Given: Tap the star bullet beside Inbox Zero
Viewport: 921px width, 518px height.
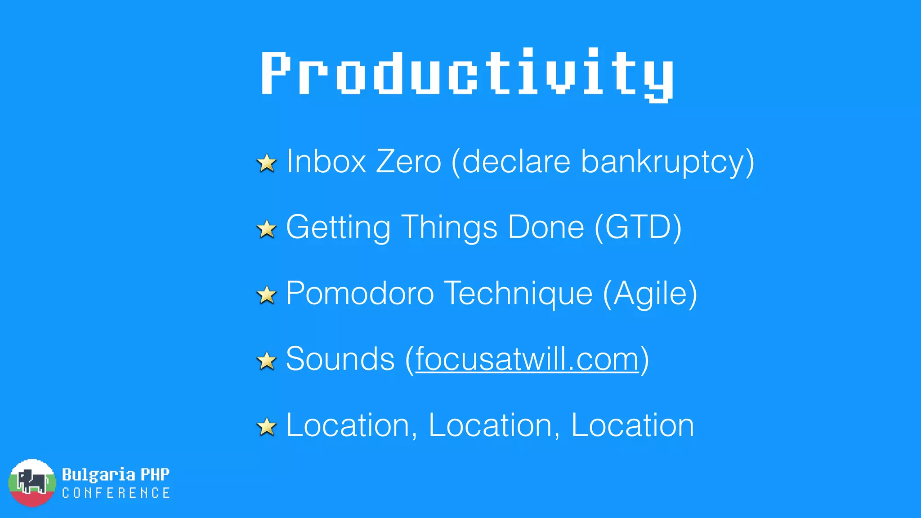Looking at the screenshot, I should point(267,163).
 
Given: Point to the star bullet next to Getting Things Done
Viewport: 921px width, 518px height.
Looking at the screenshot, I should point(267,229).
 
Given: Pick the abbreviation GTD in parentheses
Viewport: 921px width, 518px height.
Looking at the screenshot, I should point(638,228).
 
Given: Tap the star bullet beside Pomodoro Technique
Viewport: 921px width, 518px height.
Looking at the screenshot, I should point(267,295).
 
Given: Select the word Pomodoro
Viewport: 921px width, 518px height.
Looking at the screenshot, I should point(360,294).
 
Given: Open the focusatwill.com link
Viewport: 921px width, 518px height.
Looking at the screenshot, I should point(527,360).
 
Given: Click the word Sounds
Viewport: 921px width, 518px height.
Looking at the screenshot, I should point(340,359).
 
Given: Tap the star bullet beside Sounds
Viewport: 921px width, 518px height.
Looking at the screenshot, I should point(267,361).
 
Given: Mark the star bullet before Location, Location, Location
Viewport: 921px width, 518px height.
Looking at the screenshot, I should point(267,426).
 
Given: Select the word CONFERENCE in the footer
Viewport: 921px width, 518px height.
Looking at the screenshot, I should point(116,493).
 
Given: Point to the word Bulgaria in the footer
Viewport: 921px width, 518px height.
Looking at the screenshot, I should point(98,475).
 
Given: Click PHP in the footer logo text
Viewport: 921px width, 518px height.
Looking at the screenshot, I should point(155,474).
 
